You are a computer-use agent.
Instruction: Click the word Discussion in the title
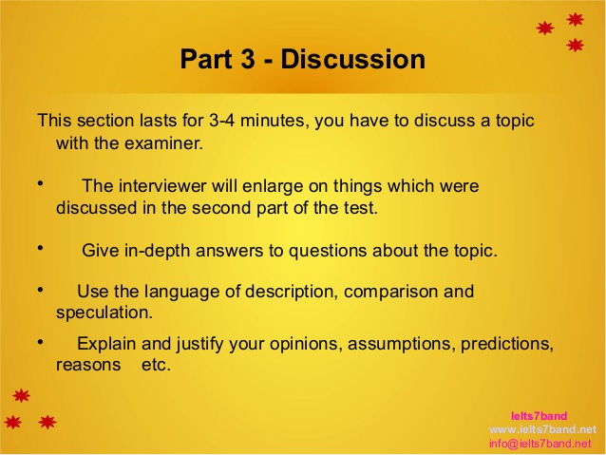(x=353, y=59)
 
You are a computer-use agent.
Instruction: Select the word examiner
(x=165, y=144)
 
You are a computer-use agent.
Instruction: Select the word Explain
(x=106, y=343)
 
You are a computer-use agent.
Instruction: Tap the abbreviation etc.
(x=155, y=364)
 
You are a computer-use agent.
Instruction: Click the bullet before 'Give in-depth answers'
(x=41, y=248)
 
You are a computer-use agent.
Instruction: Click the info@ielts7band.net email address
(x=546, y=444)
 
